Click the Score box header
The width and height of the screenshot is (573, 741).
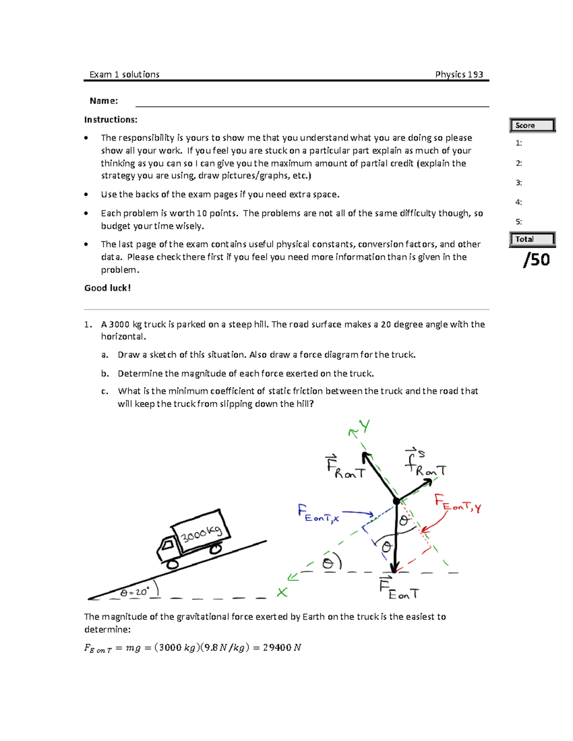coord(532,125)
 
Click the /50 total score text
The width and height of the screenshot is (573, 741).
coord(537,260)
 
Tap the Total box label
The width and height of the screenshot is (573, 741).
coord(532,240)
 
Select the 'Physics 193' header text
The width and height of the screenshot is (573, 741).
coord(459,74)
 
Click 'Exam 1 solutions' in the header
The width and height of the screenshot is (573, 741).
coord(124,74)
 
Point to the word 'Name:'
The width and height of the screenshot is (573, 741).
coord(104,101)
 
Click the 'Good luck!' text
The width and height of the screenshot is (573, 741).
coord(107,288)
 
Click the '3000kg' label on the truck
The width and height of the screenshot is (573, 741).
coord(201,533)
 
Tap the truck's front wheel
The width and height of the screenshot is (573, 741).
coord(172,564)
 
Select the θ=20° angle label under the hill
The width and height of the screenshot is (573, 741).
coord(135,592)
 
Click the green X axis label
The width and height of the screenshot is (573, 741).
coord(282,593)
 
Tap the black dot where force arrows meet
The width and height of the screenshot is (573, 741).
coord(396,501)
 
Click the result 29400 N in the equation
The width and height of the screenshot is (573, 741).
coord(282,647)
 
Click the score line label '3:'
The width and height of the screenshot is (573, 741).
coord(519,183)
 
